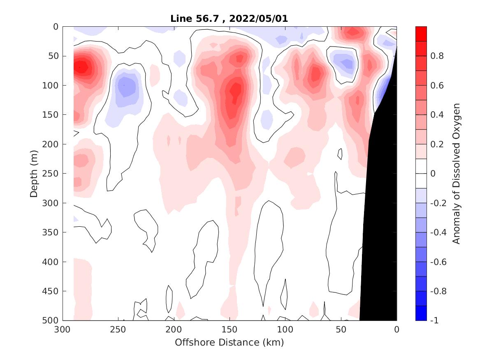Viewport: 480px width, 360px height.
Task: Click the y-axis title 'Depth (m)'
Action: click(34, 173)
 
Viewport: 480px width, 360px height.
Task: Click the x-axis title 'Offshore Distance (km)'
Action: click(230, 342)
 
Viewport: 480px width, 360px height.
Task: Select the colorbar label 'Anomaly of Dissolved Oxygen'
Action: click(456, 173)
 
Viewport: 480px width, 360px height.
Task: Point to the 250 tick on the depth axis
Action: click(53, 174)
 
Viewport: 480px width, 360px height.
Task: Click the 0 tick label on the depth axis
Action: click(56, 27)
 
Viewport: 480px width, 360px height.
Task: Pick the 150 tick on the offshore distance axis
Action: click(230, 330)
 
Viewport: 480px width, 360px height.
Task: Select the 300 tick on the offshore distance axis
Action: click(63, 330)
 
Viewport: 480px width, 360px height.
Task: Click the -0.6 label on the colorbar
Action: click(438, 262)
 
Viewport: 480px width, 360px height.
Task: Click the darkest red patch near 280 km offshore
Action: click(82, 67)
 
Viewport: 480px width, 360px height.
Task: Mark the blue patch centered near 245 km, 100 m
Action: click(124, 86)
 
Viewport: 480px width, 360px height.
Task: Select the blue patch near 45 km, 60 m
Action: click(346, 63)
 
